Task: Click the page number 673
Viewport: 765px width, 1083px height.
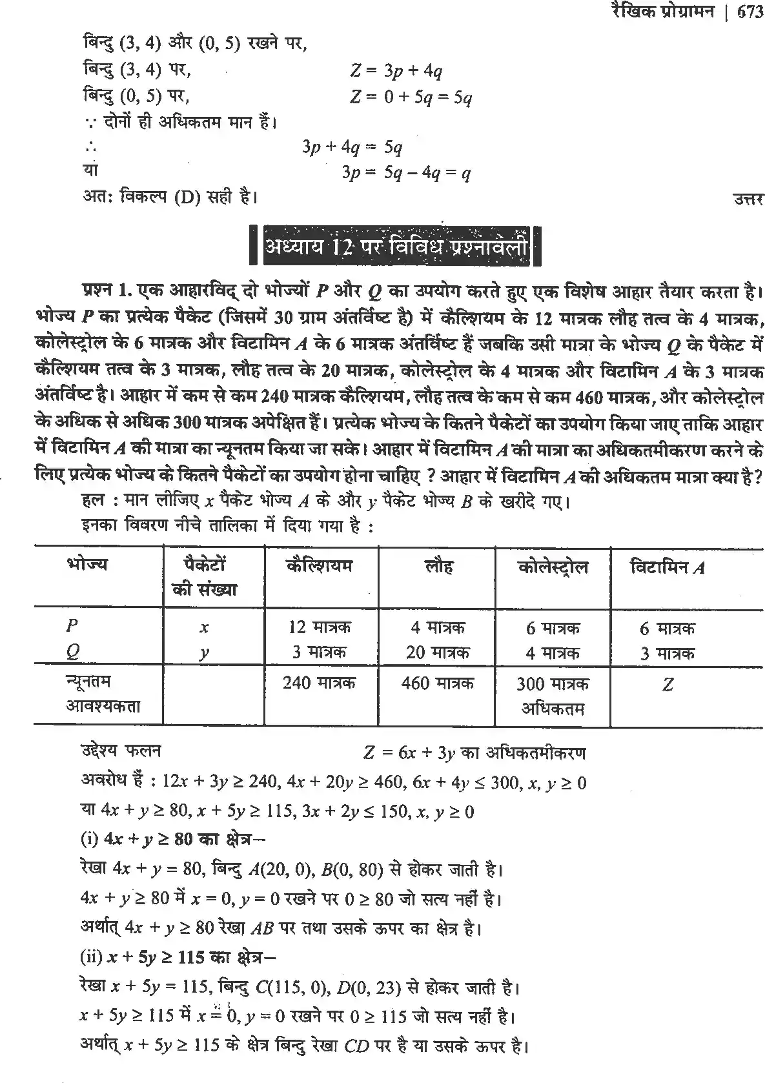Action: (749, 12)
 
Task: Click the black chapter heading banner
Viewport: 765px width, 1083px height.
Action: (394, 247)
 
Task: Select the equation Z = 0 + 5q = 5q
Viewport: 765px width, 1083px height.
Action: (411, 97)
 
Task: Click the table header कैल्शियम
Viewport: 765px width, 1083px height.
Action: (320, 566)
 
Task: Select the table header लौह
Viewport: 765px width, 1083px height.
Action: (438, 567)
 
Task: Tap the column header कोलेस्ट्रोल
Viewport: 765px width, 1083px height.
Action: (553, 567)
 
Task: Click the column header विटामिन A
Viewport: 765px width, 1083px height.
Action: (667, 567)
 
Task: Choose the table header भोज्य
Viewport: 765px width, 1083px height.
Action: (87, 565)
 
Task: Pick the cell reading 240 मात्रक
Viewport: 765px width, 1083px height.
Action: (319, 682)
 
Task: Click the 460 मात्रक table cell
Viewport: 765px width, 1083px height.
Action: (437, 682)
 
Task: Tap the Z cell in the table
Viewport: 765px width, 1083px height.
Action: (668, 684)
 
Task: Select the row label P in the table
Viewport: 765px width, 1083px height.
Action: (72, 625)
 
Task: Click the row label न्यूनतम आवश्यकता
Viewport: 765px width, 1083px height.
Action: (103, 694)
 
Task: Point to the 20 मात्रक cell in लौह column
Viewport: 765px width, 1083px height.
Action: (437, 653)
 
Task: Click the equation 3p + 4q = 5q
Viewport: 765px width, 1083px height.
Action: (352, 148)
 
